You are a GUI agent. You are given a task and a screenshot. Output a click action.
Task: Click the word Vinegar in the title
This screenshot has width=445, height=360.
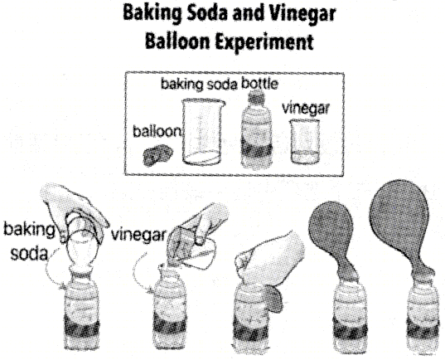coord(302,14)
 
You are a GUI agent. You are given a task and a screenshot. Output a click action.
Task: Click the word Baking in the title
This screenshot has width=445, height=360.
coord(152,14)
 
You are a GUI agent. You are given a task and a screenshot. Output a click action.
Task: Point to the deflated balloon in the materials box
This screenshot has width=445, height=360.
coord(157,155)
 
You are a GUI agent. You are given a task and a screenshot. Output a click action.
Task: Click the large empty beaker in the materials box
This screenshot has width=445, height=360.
coord(202,131)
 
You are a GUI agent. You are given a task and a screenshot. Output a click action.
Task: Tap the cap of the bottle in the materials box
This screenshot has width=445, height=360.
coord(256,96)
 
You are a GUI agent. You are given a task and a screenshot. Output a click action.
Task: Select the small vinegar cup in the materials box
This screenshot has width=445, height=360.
coord(304,141)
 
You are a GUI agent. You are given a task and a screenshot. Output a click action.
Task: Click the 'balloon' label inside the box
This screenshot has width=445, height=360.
coord(157,131)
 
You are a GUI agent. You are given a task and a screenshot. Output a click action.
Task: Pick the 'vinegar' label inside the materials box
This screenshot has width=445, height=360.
coord(306,109)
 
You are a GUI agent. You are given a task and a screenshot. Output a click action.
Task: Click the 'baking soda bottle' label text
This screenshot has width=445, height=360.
coord(220,84)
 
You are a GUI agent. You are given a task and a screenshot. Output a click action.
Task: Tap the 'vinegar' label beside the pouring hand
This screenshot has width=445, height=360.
coord(138,235)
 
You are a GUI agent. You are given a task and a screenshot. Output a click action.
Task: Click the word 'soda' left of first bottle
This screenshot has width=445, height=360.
coord(29,254)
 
